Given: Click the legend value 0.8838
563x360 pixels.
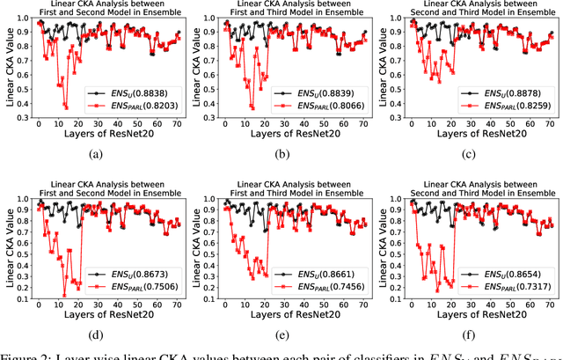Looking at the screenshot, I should (x=155, y=91).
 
